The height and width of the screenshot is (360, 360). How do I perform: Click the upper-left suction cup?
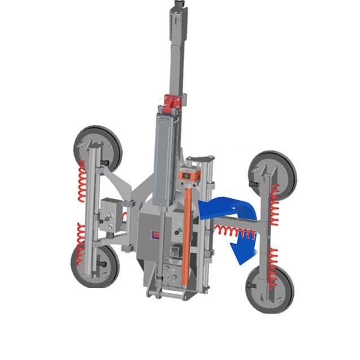97,148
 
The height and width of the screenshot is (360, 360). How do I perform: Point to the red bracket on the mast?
171,102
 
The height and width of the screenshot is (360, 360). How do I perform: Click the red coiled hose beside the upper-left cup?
82,181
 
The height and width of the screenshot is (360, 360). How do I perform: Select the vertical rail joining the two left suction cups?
90,206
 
